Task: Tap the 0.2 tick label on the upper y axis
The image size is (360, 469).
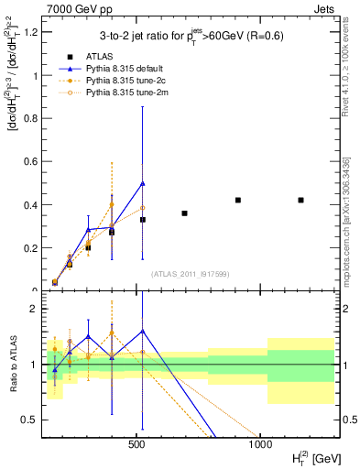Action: click(31, 247)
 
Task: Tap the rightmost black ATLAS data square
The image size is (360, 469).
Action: click(300, 200)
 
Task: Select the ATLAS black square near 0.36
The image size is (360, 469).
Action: click(184, 213)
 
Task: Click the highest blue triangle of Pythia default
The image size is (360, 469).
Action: click(143, 183)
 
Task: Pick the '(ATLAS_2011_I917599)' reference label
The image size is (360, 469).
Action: click(190, 274)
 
